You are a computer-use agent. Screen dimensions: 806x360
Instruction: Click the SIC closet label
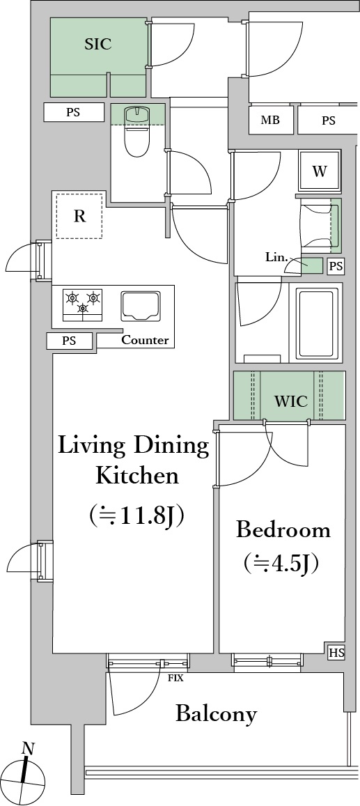tap(98, 44)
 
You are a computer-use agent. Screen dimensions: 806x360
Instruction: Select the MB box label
tap(270, 121)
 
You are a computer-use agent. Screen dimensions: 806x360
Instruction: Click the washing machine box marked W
tap(320, 171)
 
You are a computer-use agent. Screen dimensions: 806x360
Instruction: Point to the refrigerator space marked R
tap(79, 216)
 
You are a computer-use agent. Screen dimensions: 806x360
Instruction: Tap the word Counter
tap(145, 340)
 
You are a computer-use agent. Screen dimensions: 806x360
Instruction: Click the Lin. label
tap(276, 257)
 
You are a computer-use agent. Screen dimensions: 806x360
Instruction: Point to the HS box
tap(336, 653)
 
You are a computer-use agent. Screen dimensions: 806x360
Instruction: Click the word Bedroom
tap(283, 530)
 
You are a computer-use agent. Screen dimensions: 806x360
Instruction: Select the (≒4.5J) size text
tap(281, 563)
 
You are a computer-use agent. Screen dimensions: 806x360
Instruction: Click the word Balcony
tap(216, 714)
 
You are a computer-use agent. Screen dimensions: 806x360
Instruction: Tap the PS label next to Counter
tap(70, 341)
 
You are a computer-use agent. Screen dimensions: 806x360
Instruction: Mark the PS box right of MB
tap(329, 121)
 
